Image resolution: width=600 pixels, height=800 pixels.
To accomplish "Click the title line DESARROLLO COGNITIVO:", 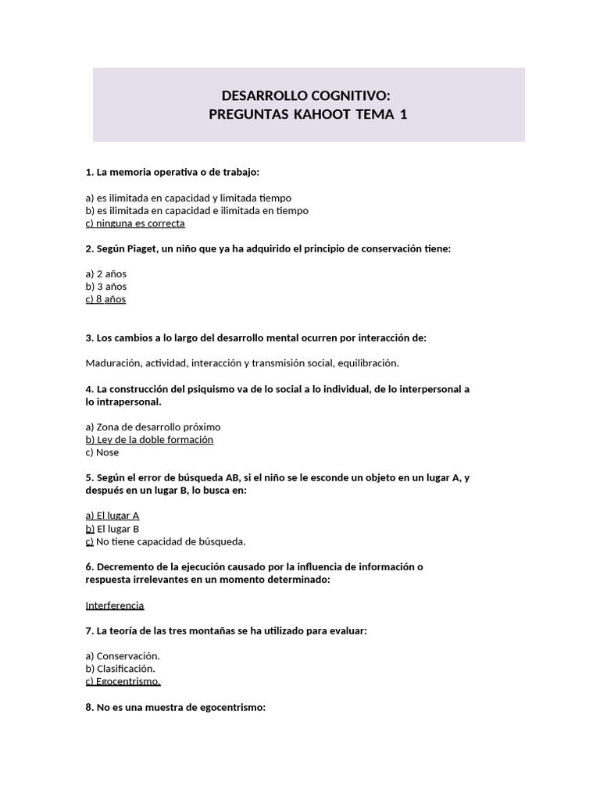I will coord(305,96).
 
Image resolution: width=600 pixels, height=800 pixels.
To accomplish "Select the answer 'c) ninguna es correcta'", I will coord(135,223).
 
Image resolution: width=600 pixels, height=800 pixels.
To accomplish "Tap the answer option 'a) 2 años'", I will coord(105,273).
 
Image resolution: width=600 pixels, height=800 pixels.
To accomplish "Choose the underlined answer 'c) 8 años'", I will coord(105,299).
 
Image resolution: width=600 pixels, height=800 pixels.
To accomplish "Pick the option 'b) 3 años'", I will coord(105,287).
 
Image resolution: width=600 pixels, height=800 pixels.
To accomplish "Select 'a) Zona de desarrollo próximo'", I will coord(153,427).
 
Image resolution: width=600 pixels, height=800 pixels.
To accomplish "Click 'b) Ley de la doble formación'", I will coord(149,439).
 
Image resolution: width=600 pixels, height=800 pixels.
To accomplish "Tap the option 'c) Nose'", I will coord(102,452).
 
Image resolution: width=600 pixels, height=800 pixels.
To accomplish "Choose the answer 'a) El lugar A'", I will coord(112,516).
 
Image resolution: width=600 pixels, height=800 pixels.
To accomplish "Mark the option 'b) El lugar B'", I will coord(112,528).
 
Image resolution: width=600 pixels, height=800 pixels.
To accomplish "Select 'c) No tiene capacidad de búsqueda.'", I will coord(166,541).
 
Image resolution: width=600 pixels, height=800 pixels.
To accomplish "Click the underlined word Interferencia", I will coord(115,605).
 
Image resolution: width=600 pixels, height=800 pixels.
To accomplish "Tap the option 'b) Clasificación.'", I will coord(120,668).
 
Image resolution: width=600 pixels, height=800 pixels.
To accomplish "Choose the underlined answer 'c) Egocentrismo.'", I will coord(123,681).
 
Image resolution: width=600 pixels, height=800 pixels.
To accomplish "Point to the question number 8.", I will coord(89,707).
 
